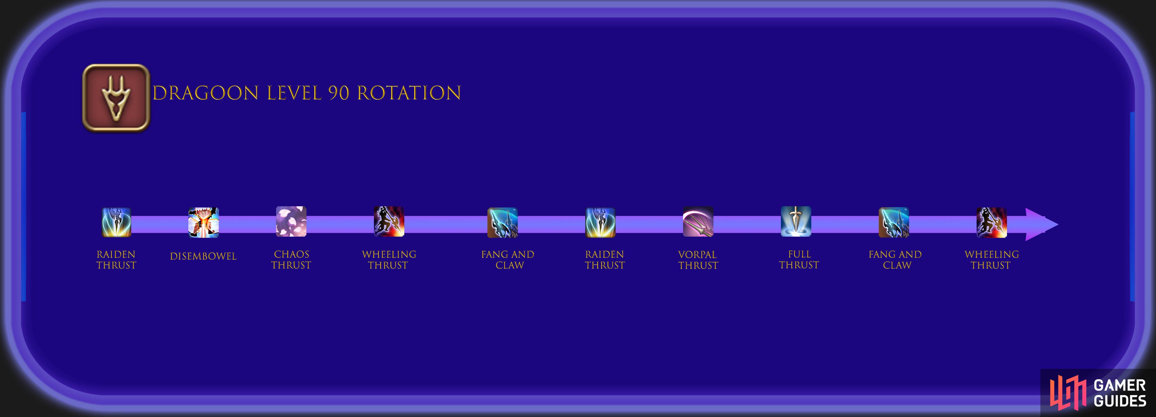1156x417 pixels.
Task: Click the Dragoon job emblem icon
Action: point(116,98)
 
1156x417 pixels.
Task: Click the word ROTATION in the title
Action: point(409,93)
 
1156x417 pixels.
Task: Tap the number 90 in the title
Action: point(339,93)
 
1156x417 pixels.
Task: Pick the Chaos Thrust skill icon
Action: point(291,221)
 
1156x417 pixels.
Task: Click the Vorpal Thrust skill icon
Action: point(698,221)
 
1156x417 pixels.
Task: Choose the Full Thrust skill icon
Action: point(796,221)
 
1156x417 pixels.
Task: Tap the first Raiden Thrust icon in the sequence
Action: point(116,222)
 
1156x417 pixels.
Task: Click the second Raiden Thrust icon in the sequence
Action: point(601,222)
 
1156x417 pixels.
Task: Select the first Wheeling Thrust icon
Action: point(389,221)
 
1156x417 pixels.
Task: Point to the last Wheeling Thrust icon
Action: point(992,222)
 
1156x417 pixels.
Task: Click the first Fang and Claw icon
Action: point(503,222)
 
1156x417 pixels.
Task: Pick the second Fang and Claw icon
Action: point(894,222)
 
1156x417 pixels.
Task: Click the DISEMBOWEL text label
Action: point(203,256)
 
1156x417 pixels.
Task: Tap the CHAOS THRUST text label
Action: point(291,260)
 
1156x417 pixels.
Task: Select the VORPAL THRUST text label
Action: point(698,260)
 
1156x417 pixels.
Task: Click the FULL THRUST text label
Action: point(799,260)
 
